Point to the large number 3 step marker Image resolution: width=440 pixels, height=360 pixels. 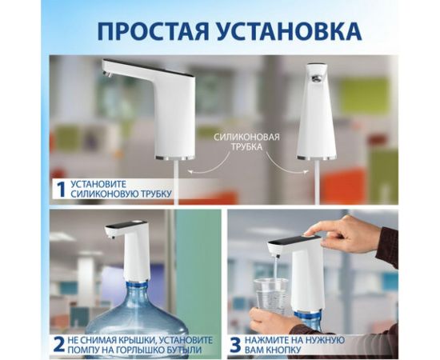(x=234, y=345)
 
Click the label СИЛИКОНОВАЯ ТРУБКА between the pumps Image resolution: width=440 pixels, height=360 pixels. (x=247, y=142)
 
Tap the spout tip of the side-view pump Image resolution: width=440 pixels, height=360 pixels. (x=107, y=73)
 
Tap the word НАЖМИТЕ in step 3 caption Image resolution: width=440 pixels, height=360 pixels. (x=274, y=339)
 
